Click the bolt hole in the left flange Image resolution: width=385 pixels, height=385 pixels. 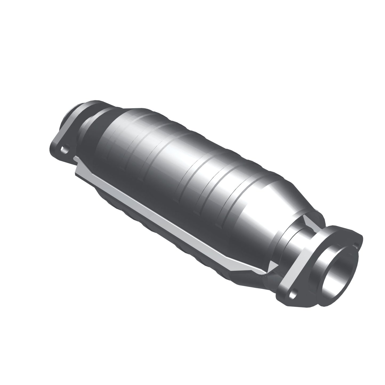[x=63, y=148]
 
